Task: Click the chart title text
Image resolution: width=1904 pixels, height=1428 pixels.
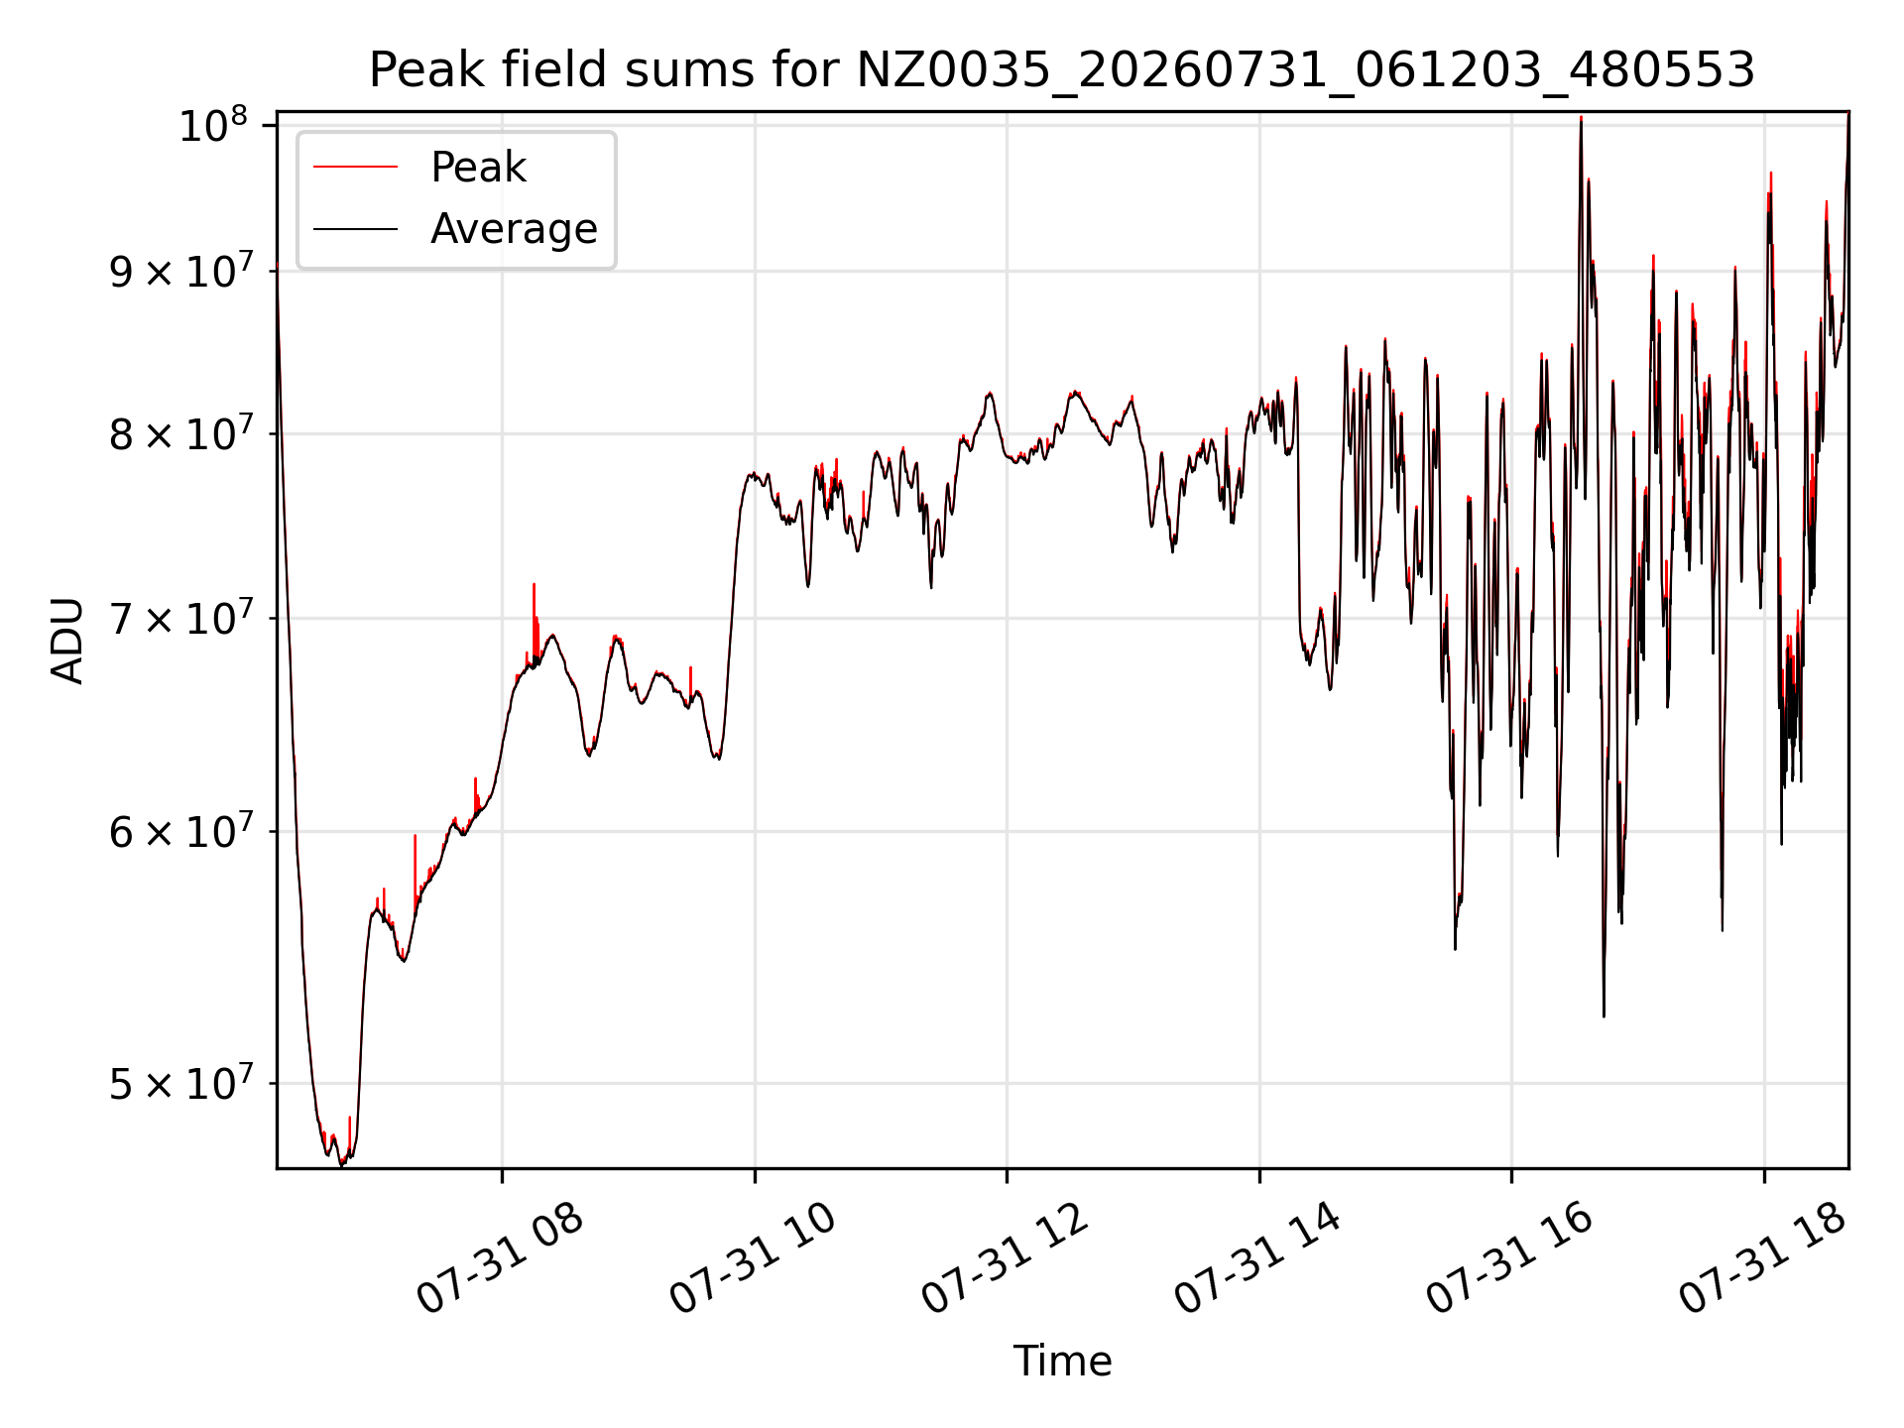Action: tap(1062, 70)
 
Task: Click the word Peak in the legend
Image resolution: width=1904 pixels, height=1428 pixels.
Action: tap(478, 167)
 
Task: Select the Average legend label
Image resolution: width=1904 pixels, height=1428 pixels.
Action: tap(514, 229)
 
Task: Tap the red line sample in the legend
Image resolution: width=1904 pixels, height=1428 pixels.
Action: tap(355, 168)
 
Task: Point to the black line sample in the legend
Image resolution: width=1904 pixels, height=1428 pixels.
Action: tap(355, 229)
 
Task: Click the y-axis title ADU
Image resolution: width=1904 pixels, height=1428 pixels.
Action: tap(67, 640)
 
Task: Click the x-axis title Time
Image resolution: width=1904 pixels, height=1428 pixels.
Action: tap(1062, 1361)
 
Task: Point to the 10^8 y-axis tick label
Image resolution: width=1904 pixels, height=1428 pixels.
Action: tap(212, 126)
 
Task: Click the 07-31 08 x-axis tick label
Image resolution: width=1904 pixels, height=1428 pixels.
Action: tap(500, 1259)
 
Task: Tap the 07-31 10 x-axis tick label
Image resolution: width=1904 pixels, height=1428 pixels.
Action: tap(754, 1259)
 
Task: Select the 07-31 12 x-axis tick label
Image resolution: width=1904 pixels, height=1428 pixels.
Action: tap(1006, 1259)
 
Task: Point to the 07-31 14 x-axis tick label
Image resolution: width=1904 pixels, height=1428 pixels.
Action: tap(1257, 1259)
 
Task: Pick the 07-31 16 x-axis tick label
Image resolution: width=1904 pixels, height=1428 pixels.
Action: tap(1509, 1259)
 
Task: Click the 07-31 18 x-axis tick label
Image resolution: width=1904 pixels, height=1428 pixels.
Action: tap(1762, 1259)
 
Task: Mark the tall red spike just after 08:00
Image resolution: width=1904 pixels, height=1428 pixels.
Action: tap(534, 620)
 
